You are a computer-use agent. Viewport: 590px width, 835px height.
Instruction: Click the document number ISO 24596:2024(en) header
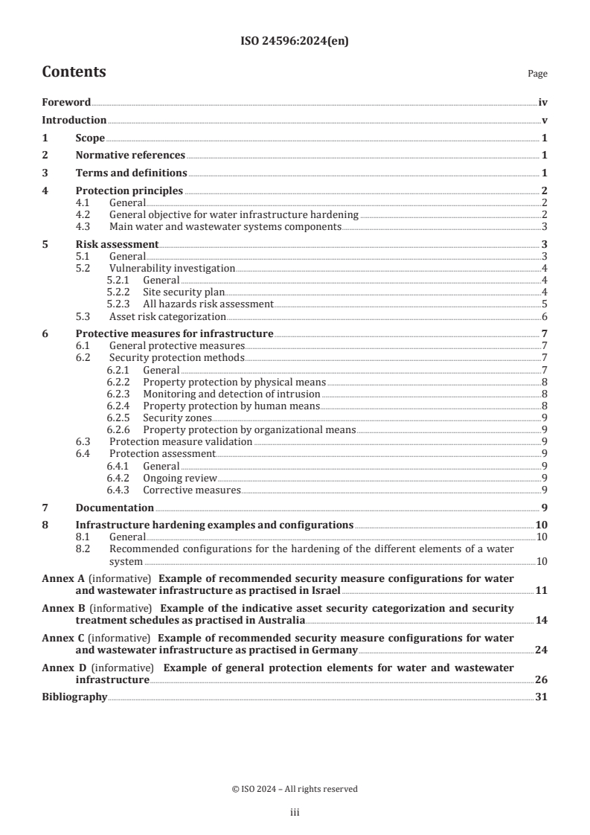295,42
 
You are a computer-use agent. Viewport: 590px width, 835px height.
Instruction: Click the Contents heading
74,72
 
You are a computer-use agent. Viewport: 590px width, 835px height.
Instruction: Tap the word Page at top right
537,74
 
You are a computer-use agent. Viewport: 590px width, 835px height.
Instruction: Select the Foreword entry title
66,103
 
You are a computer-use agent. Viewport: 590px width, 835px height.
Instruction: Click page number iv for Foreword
542,103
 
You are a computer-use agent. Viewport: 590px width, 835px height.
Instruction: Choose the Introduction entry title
74,121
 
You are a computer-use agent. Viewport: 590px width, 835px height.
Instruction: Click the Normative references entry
130,156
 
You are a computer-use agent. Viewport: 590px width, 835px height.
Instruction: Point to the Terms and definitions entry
131,173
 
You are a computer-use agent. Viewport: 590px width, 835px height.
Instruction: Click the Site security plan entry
183,292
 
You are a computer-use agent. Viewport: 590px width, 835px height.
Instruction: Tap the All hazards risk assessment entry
208,304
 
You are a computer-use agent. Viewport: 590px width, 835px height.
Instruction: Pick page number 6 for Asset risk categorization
545,316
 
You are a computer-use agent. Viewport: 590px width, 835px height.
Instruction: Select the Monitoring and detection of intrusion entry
231,394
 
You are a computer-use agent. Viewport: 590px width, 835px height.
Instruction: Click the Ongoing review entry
179,478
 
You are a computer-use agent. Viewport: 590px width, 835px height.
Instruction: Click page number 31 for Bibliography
542,697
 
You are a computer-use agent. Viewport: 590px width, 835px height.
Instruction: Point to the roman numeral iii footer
295,813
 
